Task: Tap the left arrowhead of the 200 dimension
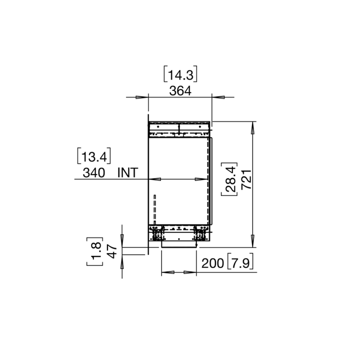pyautogui.click(x=167, y=272)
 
